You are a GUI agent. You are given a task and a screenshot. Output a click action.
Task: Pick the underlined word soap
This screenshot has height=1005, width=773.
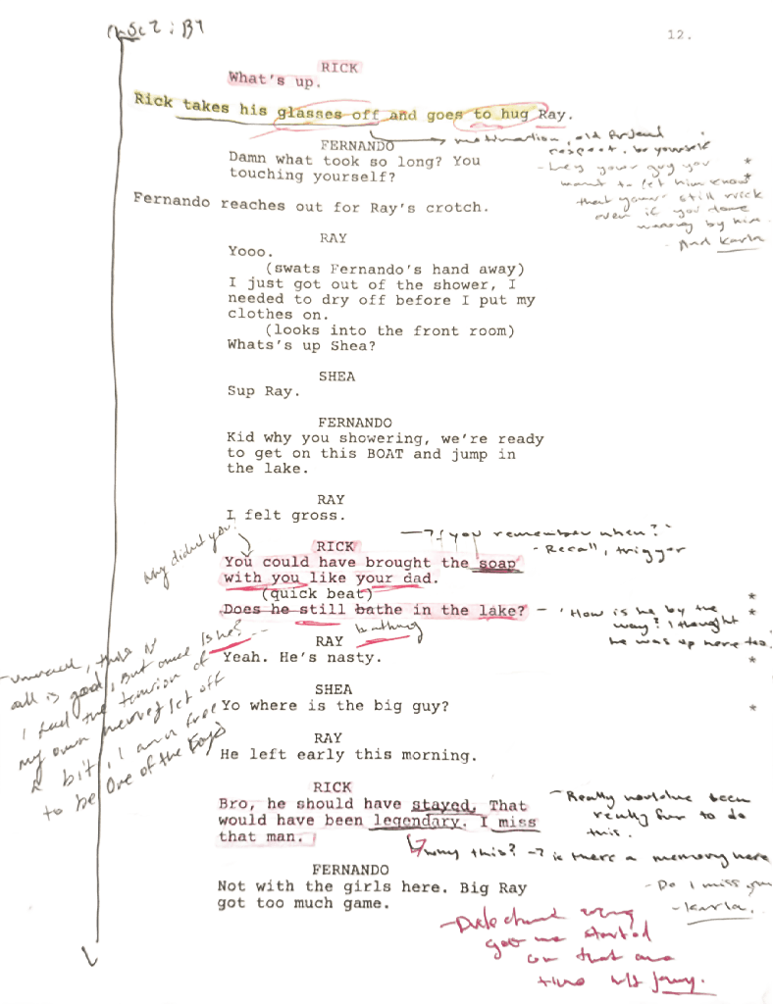(496, 563)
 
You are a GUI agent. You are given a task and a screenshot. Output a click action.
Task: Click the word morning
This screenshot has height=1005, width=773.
(439, 755)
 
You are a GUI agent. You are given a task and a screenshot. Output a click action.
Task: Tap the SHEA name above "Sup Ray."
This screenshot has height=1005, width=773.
(336, 376)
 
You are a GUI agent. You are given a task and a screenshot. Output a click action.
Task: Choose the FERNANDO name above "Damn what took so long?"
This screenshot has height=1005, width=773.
(356, 144)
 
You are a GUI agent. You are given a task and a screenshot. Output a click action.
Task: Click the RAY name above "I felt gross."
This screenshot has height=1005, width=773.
(331, 500)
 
